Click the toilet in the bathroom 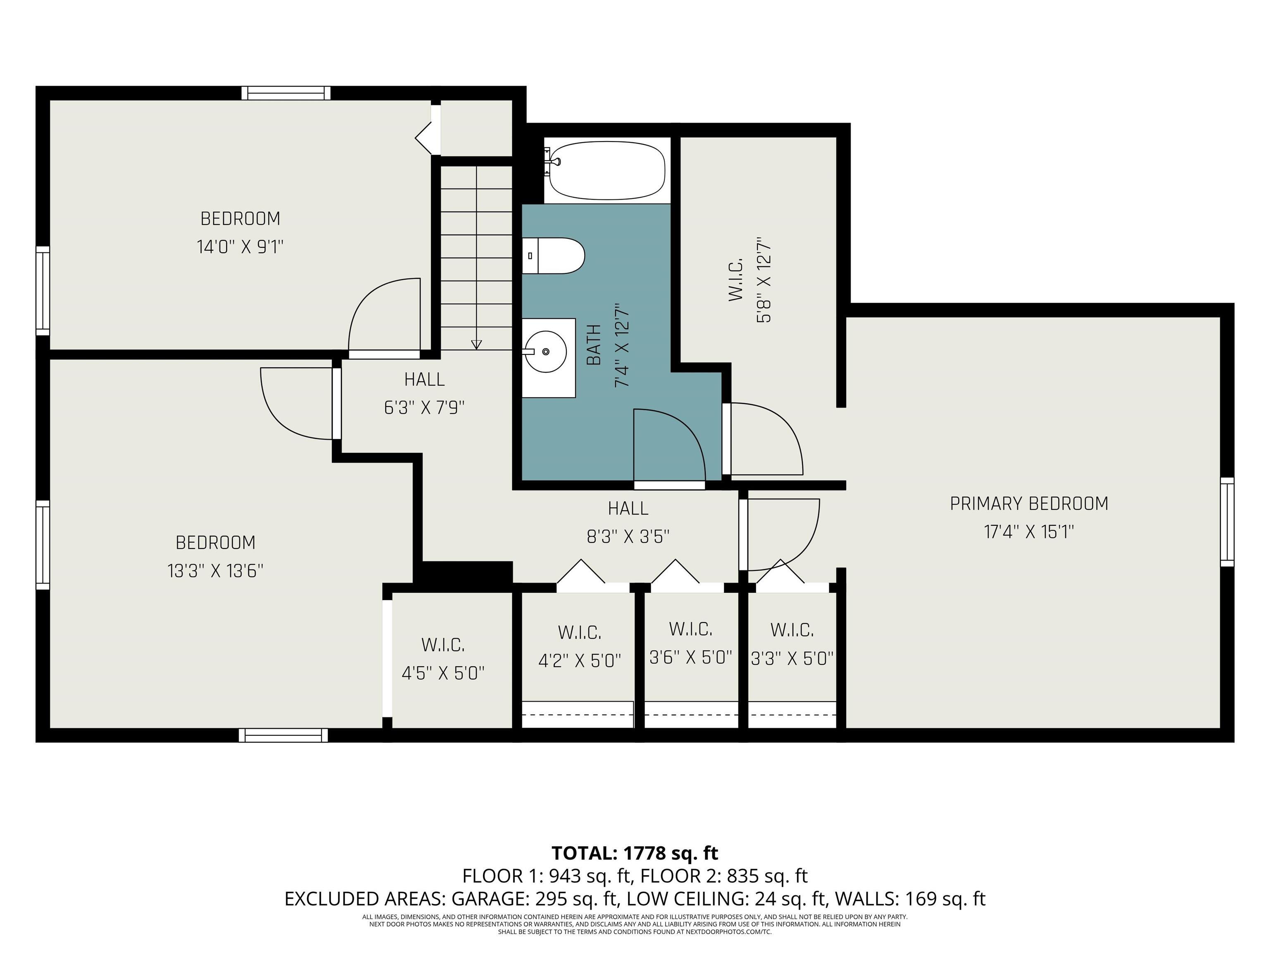tap(554, 256)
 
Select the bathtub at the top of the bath tap(607, 170)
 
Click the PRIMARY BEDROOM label tap(1029, 504)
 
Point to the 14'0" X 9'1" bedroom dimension tap(241, 247)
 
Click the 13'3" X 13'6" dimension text tap(215, 571)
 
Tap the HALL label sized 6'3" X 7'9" tap(424, 379)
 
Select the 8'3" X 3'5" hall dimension tap(628, 536)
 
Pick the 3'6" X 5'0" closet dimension tap(691, 657)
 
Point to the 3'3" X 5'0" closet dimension tap(793, 658)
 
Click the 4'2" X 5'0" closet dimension tap(580, 661)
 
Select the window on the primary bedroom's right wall tap(1227, 522)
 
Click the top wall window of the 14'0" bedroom tap(286, 93)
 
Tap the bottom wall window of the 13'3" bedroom tap(283, 735)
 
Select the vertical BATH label tap(594, 345)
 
